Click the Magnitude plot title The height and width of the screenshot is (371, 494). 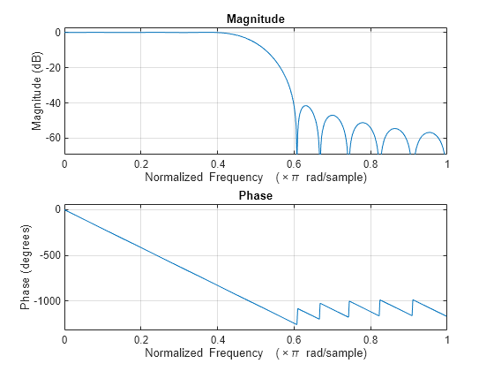(255, 19)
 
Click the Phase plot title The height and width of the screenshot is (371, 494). (255, 195)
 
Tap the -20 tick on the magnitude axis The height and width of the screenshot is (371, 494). (50, 68)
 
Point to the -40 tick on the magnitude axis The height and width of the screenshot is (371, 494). (50, 103)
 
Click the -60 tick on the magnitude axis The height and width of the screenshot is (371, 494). (50, 139)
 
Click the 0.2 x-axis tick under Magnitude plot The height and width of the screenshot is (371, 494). (140, 164)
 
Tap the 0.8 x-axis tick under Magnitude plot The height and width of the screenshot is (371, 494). (370, 164)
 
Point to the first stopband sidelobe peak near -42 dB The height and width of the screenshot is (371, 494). (306, 106)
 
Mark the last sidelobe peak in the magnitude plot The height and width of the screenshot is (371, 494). (430, 132)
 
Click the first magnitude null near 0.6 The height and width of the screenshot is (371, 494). (296, 152)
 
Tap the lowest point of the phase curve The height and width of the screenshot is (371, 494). (296, 324)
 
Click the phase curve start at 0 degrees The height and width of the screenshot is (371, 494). (64, 209)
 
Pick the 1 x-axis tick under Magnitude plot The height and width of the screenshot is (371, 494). (446, 164)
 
